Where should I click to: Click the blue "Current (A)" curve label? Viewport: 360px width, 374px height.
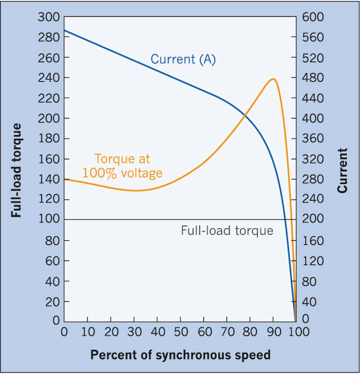183,59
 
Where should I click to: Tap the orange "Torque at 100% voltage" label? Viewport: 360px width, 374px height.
122,166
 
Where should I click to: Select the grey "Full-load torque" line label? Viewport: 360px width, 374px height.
227,231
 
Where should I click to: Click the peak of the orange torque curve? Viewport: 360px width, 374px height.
273,79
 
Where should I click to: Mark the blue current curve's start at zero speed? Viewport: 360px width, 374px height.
64,30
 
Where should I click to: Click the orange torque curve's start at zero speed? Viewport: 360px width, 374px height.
64,179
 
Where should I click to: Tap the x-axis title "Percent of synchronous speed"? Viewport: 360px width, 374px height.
180,355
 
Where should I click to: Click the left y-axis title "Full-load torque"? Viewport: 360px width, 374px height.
16,170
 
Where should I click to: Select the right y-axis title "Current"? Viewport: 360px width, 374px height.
342,170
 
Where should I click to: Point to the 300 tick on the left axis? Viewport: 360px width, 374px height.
49,17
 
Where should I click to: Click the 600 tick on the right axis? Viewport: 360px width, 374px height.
313,17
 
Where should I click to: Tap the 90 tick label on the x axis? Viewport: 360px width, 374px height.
274,332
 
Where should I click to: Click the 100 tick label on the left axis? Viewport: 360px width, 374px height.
49,219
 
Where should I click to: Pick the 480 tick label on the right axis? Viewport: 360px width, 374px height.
313,78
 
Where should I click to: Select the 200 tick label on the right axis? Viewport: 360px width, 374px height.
313,219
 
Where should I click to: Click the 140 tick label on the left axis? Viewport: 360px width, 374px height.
49,179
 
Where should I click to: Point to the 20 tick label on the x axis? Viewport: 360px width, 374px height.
111,332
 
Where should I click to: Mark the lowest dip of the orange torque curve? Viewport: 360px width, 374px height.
136,190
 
